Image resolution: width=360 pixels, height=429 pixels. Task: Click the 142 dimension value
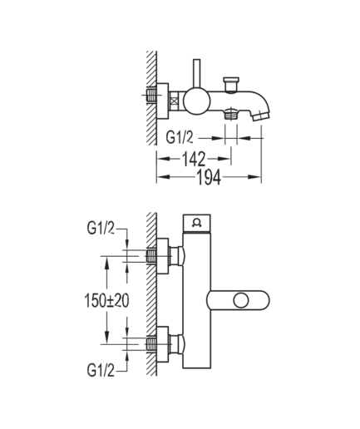point(194,159)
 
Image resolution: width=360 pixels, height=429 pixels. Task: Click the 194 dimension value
point(209,177)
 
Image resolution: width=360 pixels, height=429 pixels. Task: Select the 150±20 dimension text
point(106,301)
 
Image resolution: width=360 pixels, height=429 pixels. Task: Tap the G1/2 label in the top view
point(180,137)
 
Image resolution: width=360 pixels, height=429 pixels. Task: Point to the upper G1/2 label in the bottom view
point(101,228)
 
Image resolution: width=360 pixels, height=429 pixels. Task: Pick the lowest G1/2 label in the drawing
point(101,370)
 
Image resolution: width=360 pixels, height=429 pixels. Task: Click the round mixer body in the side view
point(196,101)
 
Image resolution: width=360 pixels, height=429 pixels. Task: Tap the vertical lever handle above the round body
point(196,74)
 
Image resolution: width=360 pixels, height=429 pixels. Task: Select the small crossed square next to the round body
point(174,101)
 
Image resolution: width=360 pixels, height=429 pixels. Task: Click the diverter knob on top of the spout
point(231,84)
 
